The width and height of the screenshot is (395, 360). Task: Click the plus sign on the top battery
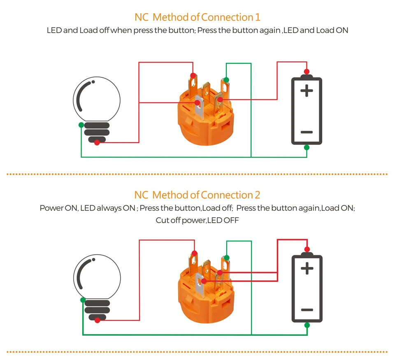[307, 91]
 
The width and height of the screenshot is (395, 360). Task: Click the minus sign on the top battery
[307, 132]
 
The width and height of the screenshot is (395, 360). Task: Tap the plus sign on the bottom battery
[307, 268]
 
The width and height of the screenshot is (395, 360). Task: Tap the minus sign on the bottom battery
[307, 310]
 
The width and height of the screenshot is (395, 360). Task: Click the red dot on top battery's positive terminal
[307, 72]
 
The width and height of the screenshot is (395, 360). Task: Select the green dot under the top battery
[307, 147]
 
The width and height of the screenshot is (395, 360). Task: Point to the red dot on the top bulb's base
[97, 143]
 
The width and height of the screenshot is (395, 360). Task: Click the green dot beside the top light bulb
[81, 125]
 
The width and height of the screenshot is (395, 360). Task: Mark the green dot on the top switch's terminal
[226, 80]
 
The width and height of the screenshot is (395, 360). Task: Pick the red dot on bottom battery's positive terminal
[307, 249]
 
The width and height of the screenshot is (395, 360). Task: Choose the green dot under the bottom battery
[307, 325]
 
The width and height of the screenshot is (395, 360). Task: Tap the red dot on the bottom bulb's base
[98, 321]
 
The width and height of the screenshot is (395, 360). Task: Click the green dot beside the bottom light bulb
[83, 300]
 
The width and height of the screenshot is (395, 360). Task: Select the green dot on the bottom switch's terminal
[227, 258]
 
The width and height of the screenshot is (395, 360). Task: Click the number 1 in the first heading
[258, 17]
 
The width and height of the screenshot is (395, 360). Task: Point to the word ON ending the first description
[342, 30]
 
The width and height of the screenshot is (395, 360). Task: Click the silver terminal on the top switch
[199, 107]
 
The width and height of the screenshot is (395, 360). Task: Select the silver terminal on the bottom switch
[200, 285]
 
